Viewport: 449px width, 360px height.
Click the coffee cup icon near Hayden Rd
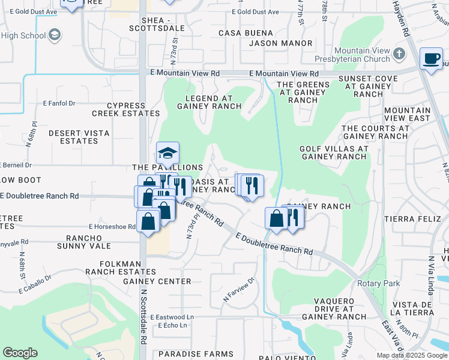(431, 59)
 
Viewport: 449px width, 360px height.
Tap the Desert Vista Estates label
(73, 137)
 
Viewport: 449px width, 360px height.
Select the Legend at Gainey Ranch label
(205, 102)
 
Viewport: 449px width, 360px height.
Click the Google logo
(20, 353)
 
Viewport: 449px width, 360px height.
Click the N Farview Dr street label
(240, 289)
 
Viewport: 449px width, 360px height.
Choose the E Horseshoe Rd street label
(112, 227)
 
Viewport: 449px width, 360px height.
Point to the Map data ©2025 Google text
(411, 355)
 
